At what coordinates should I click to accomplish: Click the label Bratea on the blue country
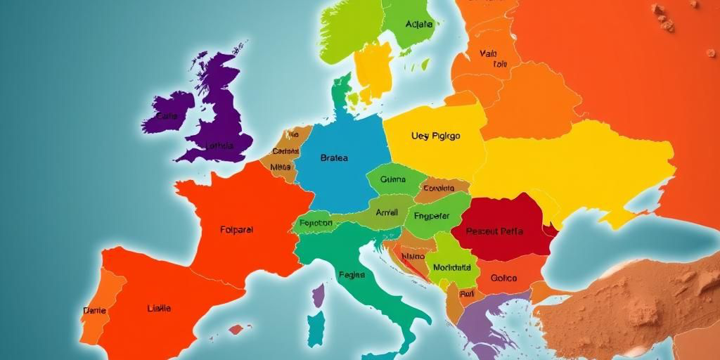(x=333, y=158)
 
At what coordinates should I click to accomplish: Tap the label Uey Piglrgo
(x=435, y=136)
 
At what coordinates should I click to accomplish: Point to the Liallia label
(x=158, y=308)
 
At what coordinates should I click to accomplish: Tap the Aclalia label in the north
(x=419, y=25)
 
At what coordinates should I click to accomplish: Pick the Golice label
(x=503, y=278)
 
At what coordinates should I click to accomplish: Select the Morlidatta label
(x=451, y=268)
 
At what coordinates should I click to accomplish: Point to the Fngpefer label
(x=432, y=217)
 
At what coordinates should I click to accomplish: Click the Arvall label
(x=387, y=212)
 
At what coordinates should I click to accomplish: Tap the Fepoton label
(x=315, y=223)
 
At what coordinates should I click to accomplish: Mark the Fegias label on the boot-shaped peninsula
(x=352, y=275)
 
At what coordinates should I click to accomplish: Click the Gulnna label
(x=393, y=179)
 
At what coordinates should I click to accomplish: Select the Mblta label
(x=281, y=167)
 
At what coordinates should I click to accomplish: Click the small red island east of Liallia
(x=238, y=328)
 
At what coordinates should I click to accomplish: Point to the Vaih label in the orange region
(x=488, y=53)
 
